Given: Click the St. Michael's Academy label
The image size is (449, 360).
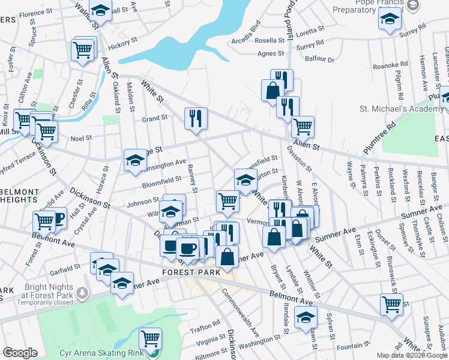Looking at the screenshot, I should [x=393, y=109].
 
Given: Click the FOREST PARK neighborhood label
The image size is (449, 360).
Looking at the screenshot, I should [x=188, y=271].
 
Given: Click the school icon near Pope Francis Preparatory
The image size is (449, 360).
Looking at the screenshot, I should [x=390, y=19].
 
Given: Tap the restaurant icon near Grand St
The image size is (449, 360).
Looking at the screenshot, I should [x=196, y=118].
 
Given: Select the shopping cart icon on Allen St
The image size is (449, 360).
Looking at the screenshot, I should [x=303, y=126].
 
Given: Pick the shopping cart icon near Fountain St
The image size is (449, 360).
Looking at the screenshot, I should [x=391, y=304].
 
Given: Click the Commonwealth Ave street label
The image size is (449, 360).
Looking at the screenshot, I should [x=240, y=312].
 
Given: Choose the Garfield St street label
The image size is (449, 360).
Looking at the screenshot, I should [x=65, y=268].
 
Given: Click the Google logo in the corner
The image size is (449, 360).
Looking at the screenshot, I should [x=20, y=353].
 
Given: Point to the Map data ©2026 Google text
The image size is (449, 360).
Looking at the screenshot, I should [x=411, y=355].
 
